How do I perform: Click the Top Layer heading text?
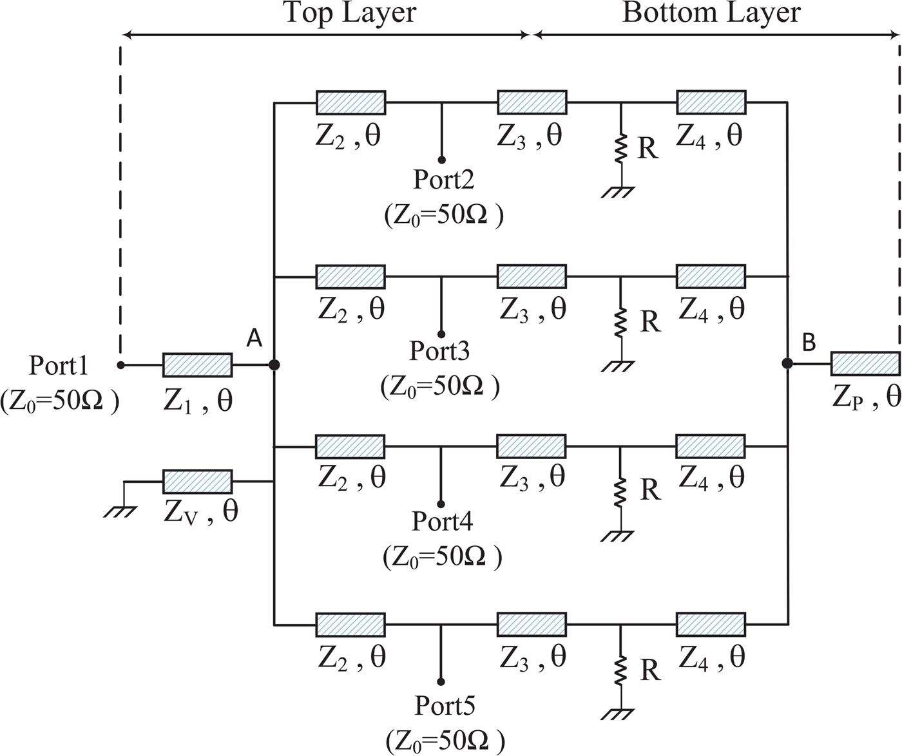pyautogui.click(x=350, y=13)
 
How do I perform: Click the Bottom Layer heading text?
pyautogui.click(x=711, y=13)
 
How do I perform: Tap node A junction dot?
pyautogui.click(x=274, y=365)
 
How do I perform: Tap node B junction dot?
pyautogui.click(x=787, y=364)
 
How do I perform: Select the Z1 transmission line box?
pyautogui.click(x=198, y=365)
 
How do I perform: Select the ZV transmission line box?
pyautogui.click(x=198, y=482)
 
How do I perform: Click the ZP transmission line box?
pyautogui.click(x=865, y=364)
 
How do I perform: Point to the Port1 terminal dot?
pyautogui.click(x=120, y=365)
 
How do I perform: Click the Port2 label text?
pyautogui.click(x=443, y=180)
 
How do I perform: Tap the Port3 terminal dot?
pyautogui.click(x=441, y=335)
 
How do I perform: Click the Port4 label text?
pyautogui.click(x=442, y=521)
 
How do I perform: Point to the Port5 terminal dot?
pyautogui.click(x=441, y=681)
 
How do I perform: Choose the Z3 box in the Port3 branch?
pyautogui.click(x=532, y=276)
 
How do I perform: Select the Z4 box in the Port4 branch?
pyautogui.click(x=711, y=446)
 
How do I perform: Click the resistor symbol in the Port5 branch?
pyautogui.click(x=620, y=671)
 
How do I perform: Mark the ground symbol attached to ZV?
pyautogui.click(x=120, y=511)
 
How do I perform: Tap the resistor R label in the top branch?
pyautogui.click(x=648, y=149)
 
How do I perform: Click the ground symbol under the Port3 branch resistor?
pyautogui.click(x=619, y=366)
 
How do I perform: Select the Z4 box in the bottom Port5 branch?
pyautogui.click(x=711, y=625)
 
